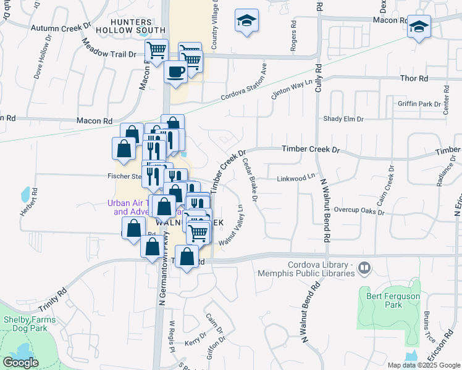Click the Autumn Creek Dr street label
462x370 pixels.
(x=61, y=28)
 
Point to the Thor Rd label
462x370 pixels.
(x=414, y=79)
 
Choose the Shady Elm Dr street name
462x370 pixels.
(x=343, y=118)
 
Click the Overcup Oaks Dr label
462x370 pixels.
(x=359, y=211)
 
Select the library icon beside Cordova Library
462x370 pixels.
(x=364, y=267)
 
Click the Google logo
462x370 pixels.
(x=20, y=363)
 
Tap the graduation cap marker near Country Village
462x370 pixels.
(x=246, y=22)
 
